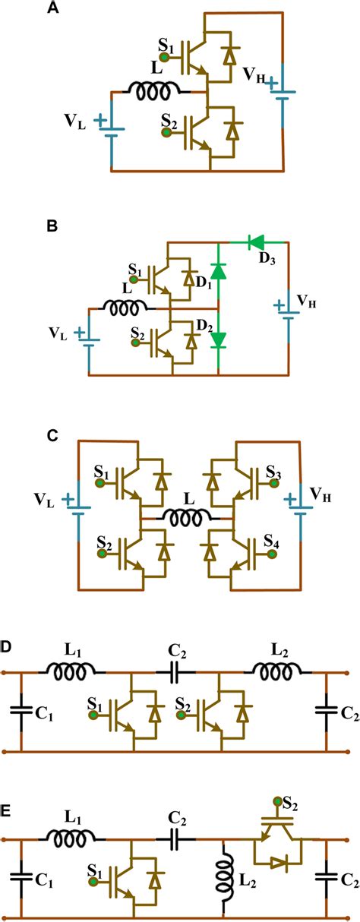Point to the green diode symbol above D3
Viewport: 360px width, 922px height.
(256, 242)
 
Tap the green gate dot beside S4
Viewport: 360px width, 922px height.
(270, 555)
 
